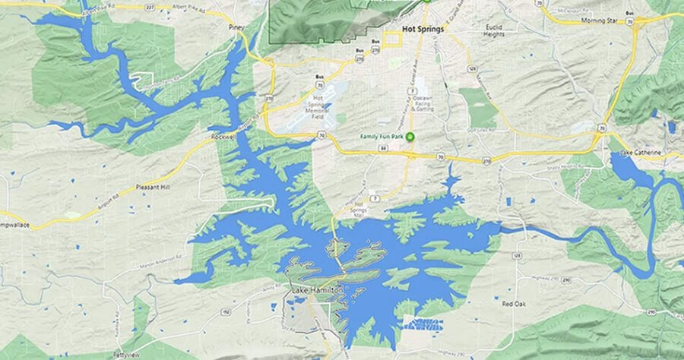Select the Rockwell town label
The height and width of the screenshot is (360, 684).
tap(224, 137)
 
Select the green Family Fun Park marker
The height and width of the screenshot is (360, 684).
tap(410, 137)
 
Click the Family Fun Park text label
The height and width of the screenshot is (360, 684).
tap(381, 137)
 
